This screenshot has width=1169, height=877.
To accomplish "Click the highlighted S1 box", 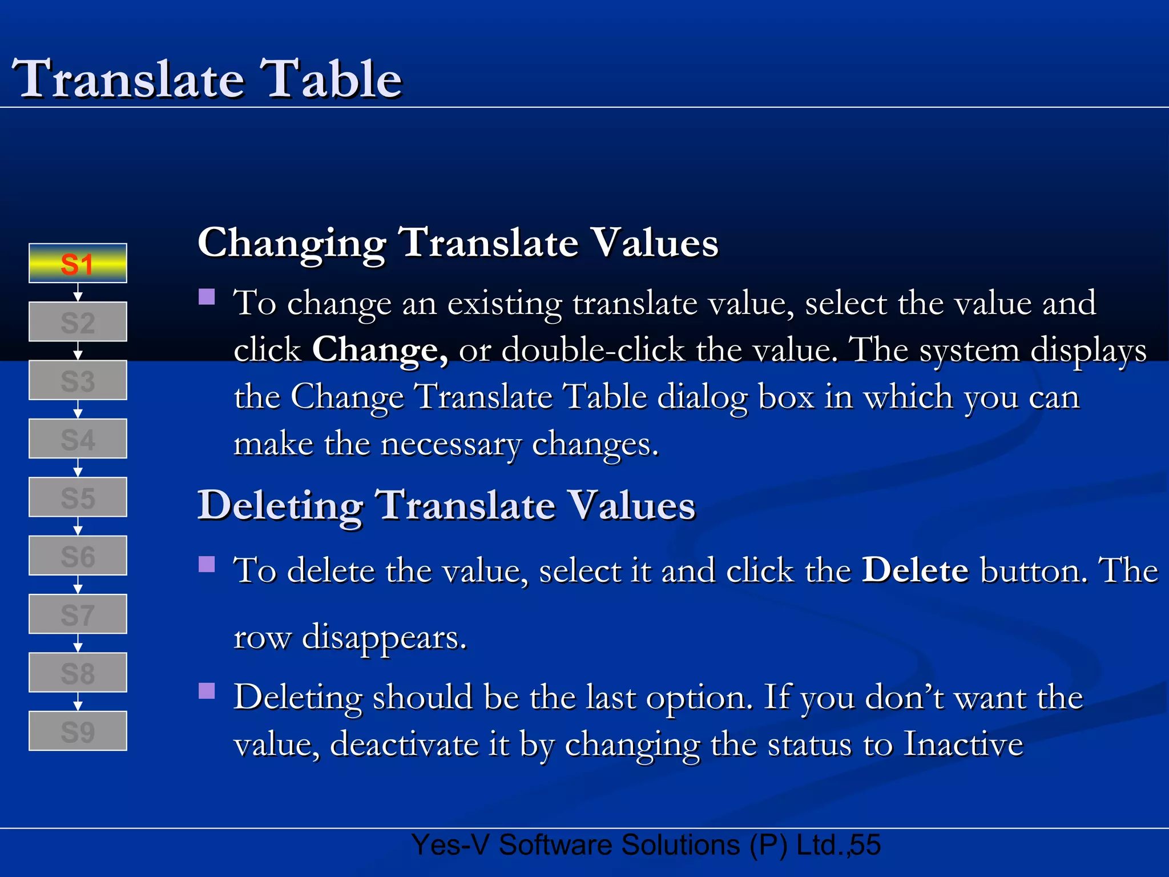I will [78, 263].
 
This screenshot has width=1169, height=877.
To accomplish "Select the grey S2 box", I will [78, 322].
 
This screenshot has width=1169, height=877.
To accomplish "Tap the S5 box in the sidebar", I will [78, 497].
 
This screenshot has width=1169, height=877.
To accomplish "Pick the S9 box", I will [78, 731].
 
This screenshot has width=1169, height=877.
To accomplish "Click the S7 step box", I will [78, 614].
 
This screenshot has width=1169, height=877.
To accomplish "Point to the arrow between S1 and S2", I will [78, 292].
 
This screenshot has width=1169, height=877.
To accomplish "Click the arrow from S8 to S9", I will [78, 702].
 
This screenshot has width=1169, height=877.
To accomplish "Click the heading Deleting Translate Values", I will [446, 506].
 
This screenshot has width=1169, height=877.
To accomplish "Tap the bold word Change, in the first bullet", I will [380, 349].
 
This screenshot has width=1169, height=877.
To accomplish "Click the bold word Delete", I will [915, 570].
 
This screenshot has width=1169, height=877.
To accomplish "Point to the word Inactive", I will [964, 745].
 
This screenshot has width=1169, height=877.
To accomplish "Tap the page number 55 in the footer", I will [865, 845].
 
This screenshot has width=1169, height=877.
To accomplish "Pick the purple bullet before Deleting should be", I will [207, 691].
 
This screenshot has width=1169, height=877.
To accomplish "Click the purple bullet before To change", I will [207, 297].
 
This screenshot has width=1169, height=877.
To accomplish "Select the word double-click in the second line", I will [592, 349].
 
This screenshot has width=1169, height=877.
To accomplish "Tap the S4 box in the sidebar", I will [78, 439].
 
